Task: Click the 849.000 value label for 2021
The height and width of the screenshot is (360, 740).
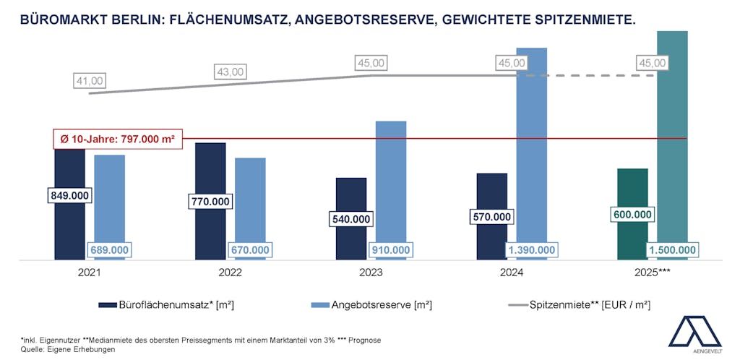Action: (69, 195)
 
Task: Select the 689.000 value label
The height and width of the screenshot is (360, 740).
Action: (109, 250)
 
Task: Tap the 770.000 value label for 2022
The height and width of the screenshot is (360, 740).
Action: (210, 201)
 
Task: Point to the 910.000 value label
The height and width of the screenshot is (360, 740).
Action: (391, 250)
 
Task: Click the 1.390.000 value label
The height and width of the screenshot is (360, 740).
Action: (532, 250)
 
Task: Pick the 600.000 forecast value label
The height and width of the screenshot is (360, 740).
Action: (633, 215)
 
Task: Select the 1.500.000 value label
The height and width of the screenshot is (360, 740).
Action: (673, 250)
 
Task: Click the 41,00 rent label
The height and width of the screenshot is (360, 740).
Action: (90, 80)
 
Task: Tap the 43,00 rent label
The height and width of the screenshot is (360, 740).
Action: (231, 72)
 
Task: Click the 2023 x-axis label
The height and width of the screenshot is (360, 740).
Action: (371, 274)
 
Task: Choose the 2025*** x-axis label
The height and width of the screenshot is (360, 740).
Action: (653, 274)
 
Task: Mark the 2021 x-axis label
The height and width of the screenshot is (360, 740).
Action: (90, 274)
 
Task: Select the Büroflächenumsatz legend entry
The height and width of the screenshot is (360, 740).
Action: (166, 305)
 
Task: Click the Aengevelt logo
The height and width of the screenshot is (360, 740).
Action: (694, 333)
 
